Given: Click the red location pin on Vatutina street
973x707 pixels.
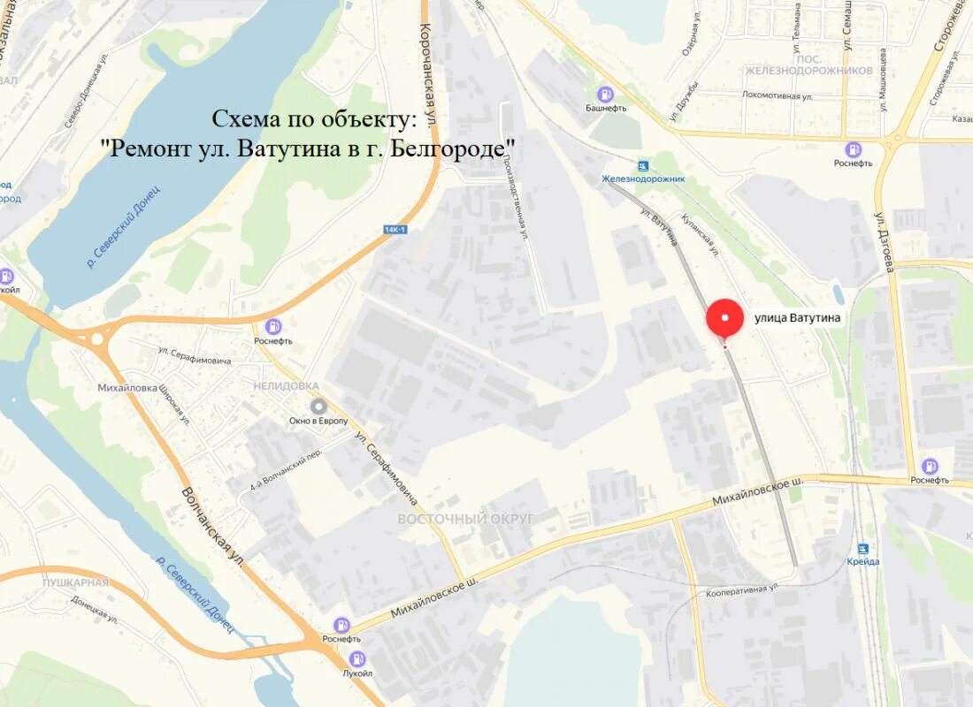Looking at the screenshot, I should coord(725,319).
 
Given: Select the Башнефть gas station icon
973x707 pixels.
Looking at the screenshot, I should coord(605,94).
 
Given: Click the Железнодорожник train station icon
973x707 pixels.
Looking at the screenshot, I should coord(643,165).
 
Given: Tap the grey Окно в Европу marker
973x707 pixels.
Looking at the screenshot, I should coord(318,406).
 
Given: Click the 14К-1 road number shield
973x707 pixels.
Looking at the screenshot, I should coord(395,230).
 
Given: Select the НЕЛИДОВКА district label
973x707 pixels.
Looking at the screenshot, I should coord(286,386).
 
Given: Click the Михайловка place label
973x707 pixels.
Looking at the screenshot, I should coord(127,388).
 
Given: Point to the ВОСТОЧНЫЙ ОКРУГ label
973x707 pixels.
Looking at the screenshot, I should coord(465,519).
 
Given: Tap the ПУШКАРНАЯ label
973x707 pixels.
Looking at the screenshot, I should coord(75,582).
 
